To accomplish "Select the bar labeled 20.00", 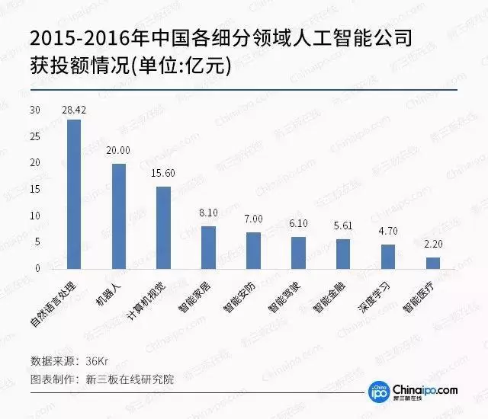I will [119, 216].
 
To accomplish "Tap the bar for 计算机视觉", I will [164, 227].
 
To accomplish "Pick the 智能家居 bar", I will [208, 247].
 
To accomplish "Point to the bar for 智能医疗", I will [433, 263].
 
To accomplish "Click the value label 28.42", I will [74, 110].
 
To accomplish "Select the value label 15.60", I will [164, 174].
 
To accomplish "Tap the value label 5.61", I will [343, 226].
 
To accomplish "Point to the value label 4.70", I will [388, 232].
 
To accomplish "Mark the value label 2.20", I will [433, 245].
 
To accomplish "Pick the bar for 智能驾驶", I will [298, 253].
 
